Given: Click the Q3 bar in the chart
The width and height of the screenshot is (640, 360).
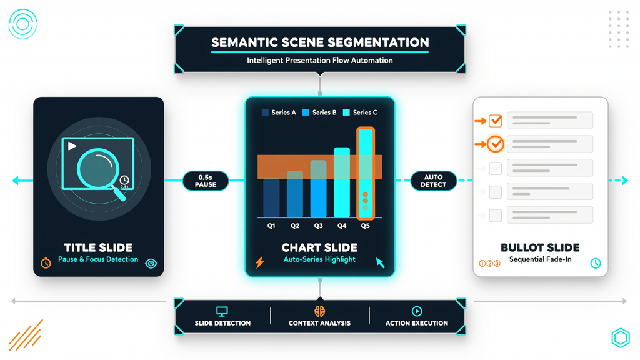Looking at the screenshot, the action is point(318,189).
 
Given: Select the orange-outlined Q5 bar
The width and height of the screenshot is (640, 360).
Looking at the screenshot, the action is point(365,174).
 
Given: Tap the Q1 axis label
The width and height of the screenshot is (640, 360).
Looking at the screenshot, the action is point(271,226).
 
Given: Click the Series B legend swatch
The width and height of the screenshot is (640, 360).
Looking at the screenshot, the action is point(305,112).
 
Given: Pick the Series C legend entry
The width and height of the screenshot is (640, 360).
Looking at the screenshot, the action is point(360,112).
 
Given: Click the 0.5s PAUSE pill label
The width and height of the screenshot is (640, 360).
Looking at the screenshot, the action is point(205,181).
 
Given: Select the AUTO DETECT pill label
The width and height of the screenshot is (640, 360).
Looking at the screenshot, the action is point(433,181).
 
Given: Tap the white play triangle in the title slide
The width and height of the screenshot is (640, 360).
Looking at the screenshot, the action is point(72,146).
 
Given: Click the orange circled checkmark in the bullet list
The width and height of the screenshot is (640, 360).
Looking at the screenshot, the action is point(496,144).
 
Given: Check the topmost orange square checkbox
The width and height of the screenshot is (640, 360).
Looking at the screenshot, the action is point(496,121).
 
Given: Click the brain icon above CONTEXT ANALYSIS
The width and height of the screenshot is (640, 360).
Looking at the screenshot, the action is point(319,311).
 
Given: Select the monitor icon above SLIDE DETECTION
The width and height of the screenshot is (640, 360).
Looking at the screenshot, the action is point(222,311).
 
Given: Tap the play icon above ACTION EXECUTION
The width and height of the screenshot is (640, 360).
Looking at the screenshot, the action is point(417,311).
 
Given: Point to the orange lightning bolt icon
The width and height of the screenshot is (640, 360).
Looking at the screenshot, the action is point(259,262).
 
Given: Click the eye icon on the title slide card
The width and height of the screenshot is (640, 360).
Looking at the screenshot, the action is point(151,263).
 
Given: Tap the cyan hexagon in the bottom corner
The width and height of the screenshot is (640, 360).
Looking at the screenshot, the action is point(621,337).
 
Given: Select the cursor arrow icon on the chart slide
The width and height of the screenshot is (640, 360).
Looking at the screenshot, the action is point(380,262).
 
